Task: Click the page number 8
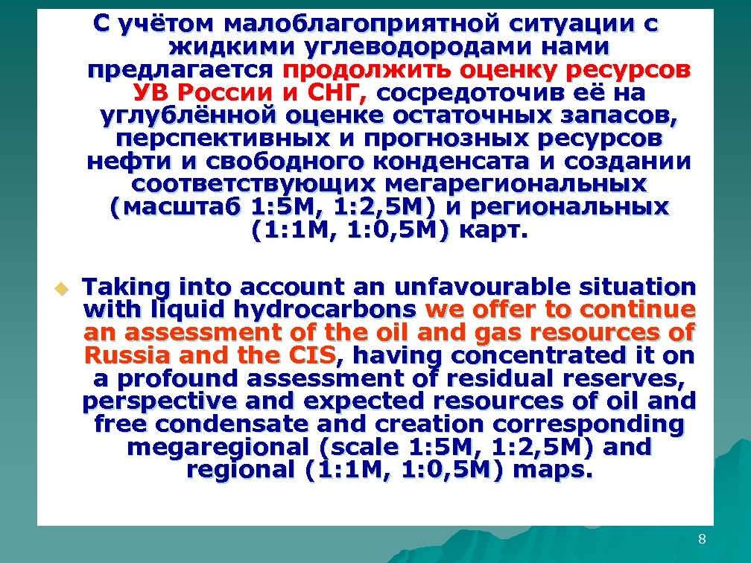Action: pyautogui.click(x=702, y=539)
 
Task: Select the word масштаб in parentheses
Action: pyautogui.click(x=177, y=209)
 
